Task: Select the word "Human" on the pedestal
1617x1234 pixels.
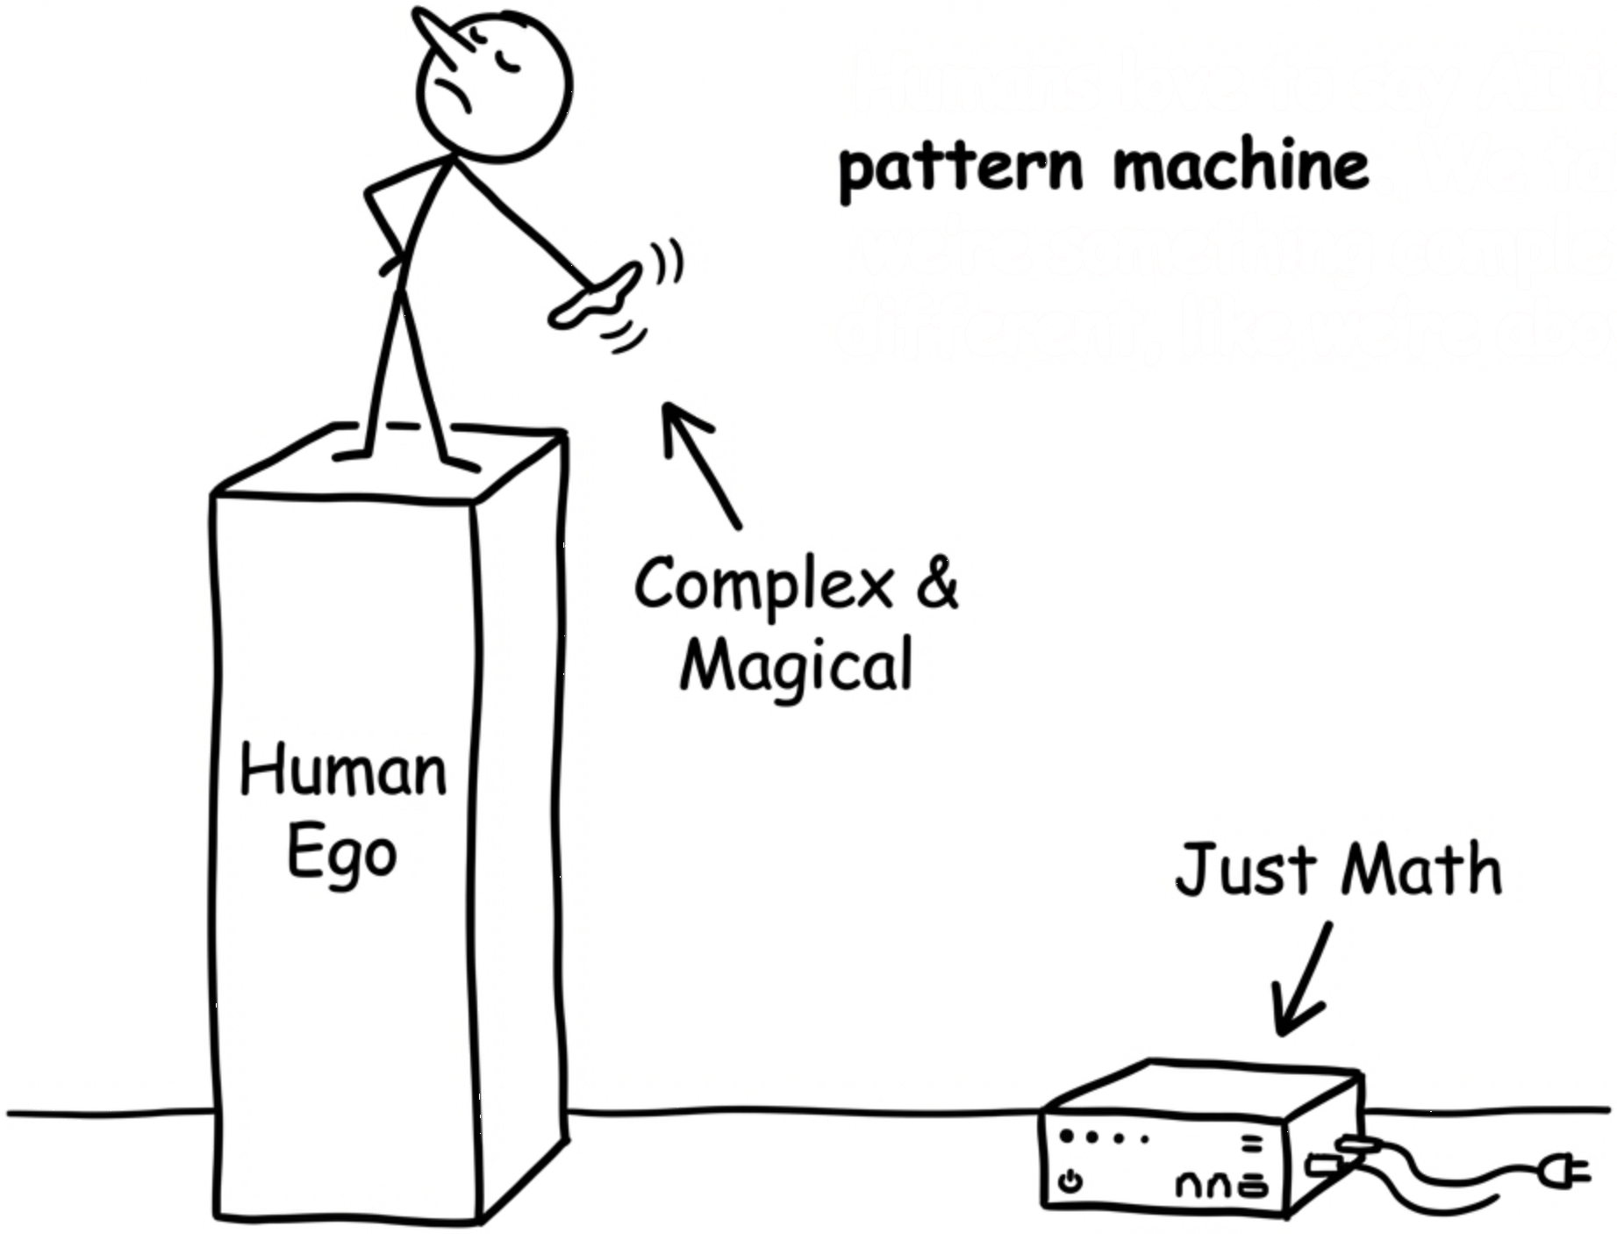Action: tap(343, 771)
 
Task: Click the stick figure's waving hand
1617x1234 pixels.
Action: tap(597, 298)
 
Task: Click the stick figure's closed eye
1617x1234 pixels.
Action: tap(506, 61)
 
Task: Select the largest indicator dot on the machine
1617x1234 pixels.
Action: tap(1067, 1136)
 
